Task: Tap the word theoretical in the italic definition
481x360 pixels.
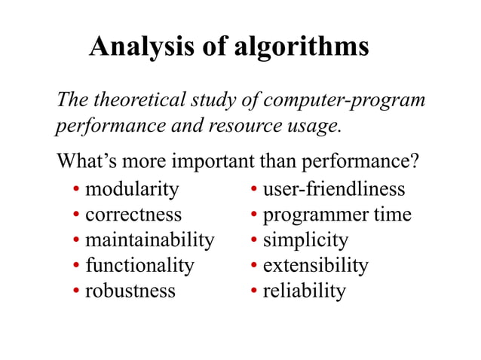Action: pos(137,100)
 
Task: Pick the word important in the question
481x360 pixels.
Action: pos(215,162)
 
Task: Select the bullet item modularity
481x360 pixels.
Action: pos(132,188)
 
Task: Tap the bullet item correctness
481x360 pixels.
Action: pos(133,214)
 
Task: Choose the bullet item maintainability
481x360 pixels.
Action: pos(149,240)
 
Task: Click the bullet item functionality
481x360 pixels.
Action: pos(139,265)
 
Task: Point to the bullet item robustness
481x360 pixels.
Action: pos(130,291)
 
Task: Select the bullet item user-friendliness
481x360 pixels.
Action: pos(333,188)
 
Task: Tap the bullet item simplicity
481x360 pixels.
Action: pos(305,240)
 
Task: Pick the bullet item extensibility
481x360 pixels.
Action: pos(315,265)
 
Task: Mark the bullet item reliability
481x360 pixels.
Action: pos(304,291)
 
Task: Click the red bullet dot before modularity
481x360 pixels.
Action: pos(77,190)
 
